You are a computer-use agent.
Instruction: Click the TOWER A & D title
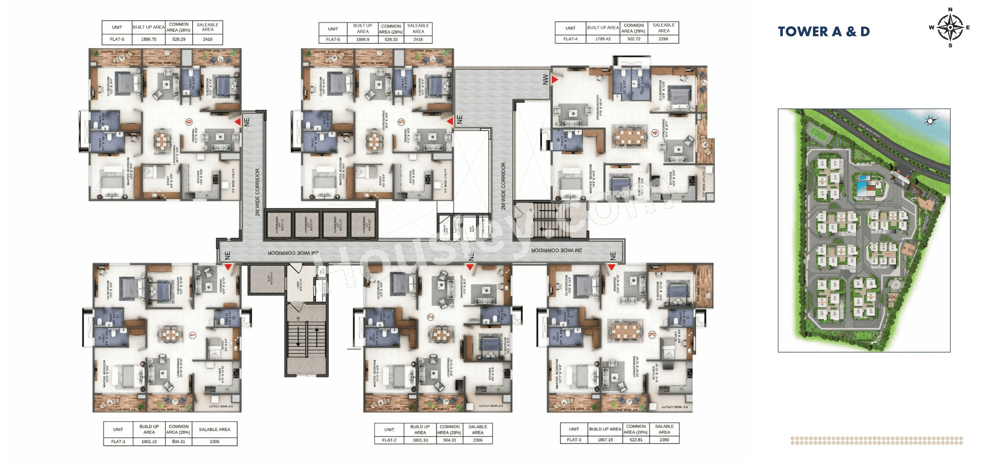click(824, 31)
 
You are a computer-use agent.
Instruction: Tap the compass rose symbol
click(950, 28)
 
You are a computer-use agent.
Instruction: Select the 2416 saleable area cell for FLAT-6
click(207, 39)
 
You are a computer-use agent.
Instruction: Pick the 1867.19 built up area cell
click(605, 440)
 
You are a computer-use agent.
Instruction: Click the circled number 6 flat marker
click(189, 122)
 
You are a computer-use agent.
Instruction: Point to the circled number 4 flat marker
click(655, 133)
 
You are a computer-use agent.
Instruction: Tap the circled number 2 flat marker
click(431, 317)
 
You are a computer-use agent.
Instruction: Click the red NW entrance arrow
click(554, 79)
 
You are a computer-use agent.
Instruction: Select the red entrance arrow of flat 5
click(450, 121)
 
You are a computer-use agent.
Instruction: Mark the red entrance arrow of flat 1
click(228, 267)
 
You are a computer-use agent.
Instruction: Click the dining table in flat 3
click(625, 331)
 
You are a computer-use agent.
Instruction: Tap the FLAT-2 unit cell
click(389, 440)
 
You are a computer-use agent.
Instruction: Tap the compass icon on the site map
click(930, 121)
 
